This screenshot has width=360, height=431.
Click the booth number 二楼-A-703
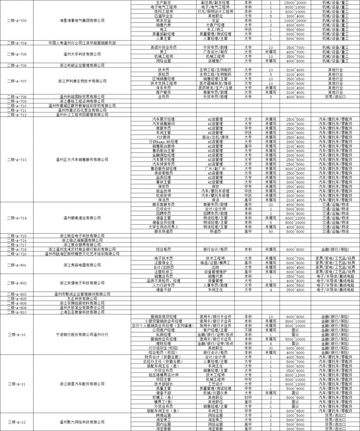coord(17,21)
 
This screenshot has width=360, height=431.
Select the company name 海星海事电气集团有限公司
coord(82,21)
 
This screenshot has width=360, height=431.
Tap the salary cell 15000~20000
coord(295,3)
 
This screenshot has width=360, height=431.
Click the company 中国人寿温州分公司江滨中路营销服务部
coord(82,43)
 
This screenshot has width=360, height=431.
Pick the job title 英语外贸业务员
coord(163,48)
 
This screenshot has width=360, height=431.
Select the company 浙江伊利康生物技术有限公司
coord(82,81)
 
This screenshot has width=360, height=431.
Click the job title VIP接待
coord(163,137)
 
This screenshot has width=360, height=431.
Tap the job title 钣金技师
coord(163,191)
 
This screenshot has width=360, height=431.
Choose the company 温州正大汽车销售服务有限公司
coord(82,160)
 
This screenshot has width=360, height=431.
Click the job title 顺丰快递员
coord(163,231)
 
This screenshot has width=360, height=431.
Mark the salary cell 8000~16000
coord(295,222)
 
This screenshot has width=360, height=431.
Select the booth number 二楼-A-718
coord(17,249)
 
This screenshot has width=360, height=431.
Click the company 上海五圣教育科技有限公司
coord(82,312)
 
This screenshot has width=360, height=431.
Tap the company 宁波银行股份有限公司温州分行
coord(82,335)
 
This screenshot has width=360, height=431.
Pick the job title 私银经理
coord(163,335)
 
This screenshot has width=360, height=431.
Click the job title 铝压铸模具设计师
coord(163,375)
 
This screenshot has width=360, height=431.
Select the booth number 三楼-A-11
coord(17,384)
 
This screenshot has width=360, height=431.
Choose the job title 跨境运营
coord(163,416)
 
